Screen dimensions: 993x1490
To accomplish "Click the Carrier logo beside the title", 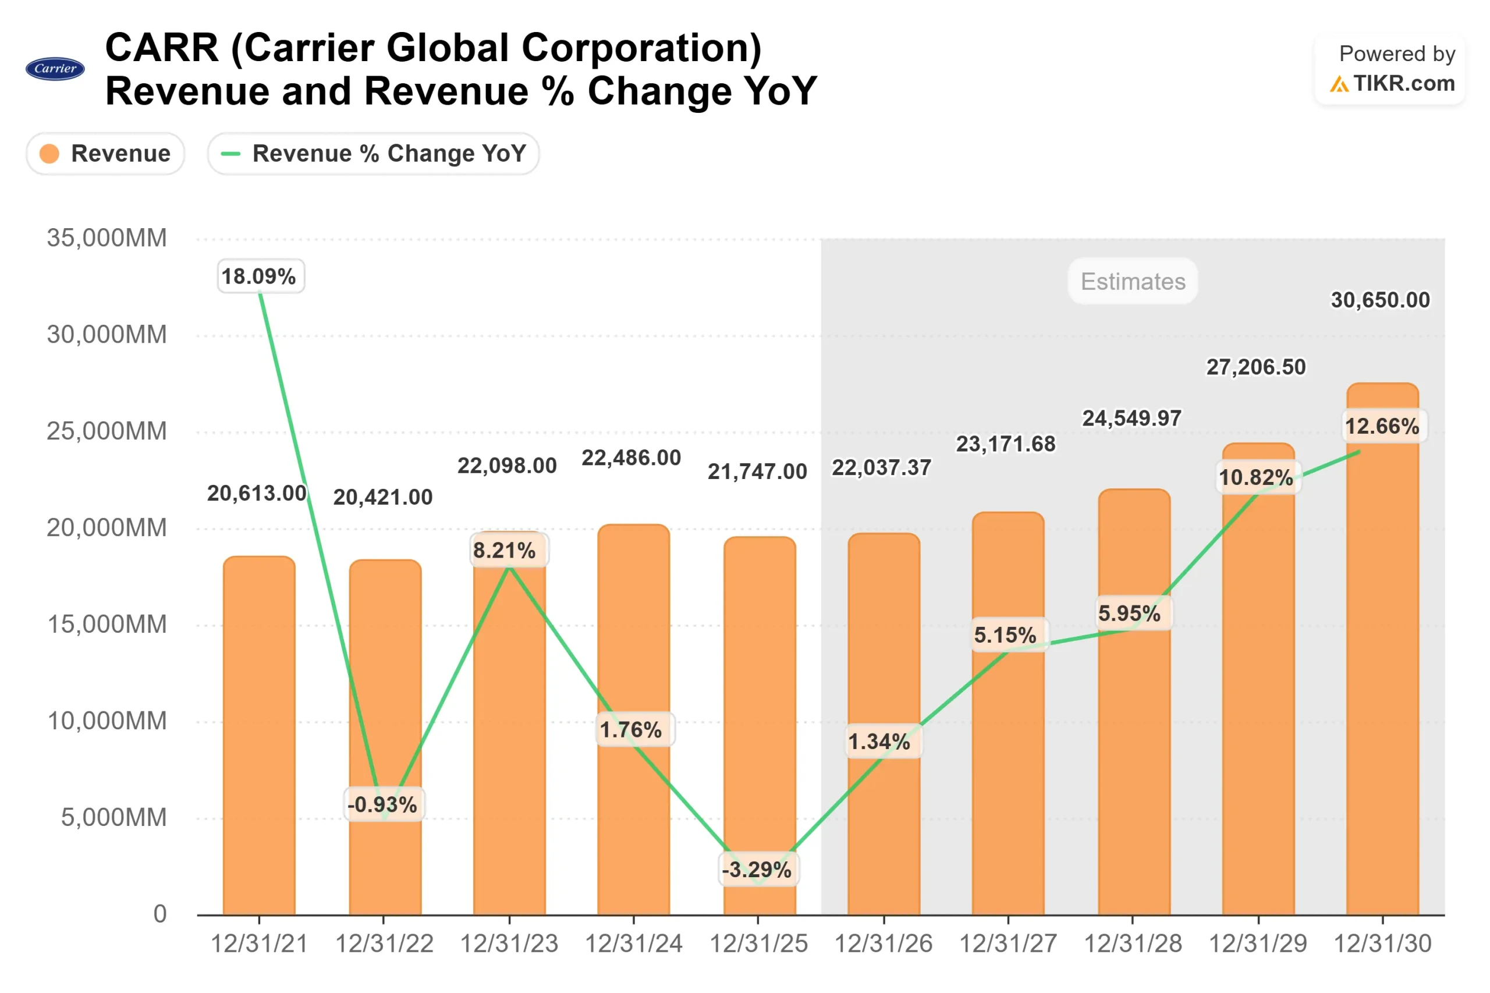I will pyautogui.click(x=55, y=69).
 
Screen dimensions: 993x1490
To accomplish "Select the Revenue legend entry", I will pyautogui.click(x=105, y=153).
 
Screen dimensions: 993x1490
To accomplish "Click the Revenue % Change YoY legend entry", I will pyautogui.click(x=373, y=153).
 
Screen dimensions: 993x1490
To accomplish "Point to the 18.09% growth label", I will pyautogui.click(x=260, y=276).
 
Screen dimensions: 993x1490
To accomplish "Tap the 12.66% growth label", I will pyautogui.click(x=1382, y=425).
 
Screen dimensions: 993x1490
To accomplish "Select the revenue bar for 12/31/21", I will pyautogui.click(x=259, y=735).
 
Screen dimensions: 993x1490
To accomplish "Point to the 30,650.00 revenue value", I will pyautogui.click(x=1380, y=300).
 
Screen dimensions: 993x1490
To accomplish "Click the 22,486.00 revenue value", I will pyautogui.click(x=632, y=458).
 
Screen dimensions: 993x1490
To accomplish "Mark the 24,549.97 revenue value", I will pyautogui.click(x=1131, y=418).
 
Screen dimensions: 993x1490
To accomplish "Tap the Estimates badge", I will pyautogui.click(x=1132, y=281).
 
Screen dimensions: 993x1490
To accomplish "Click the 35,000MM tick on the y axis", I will pyautogui.click(x=107, y=238).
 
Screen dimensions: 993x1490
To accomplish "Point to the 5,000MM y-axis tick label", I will pyautogui.click(x=113, y=818).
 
